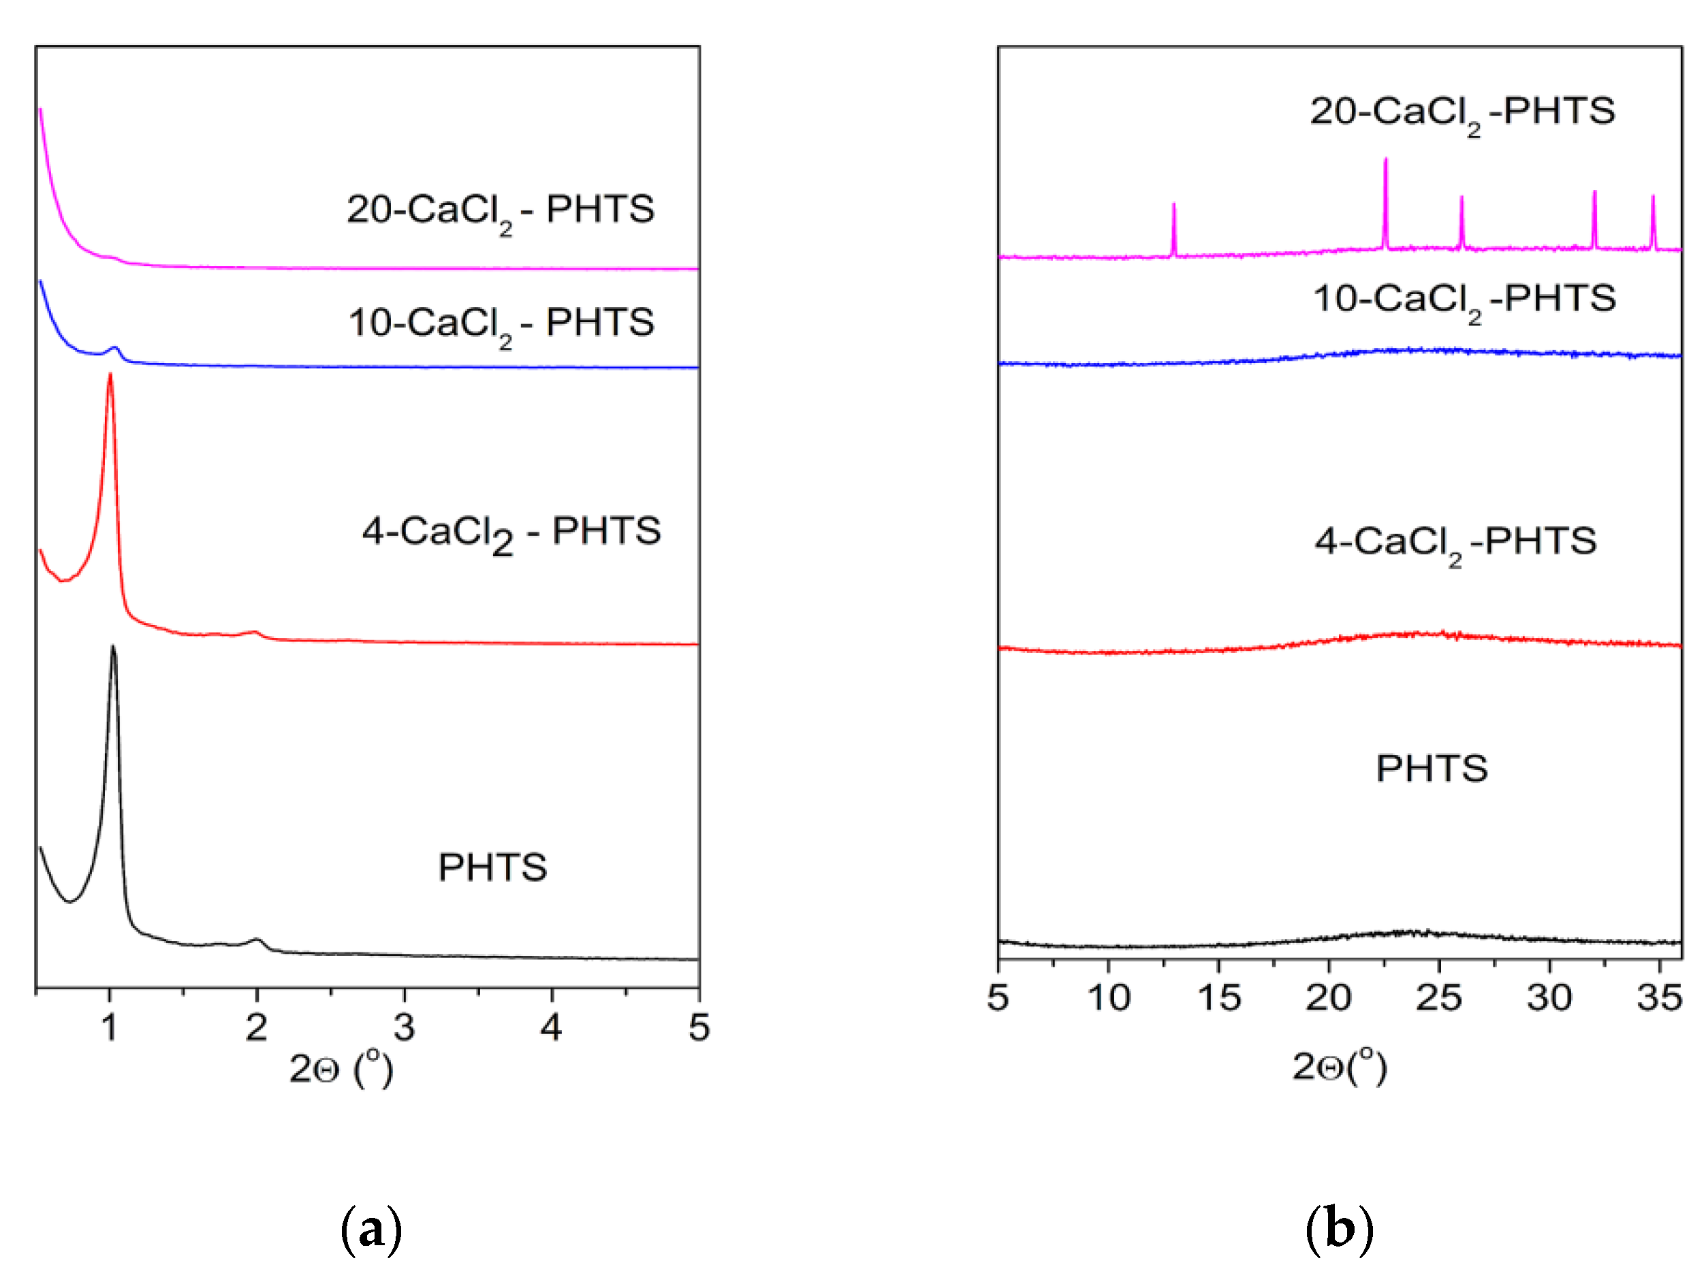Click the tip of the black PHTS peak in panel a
pyautogui.click(x=113, y=647)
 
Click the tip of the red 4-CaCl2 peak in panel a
pyautogui.click(x=110, y=376)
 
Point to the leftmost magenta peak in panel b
pyautogui.click(x=1174, y=205)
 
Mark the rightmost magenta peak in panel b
pyautogui.click(x=1653, y=198)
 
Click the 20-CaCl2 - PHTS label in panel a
pyautogui.click(x=501, y=210)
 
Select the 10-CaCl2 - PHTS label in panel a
pyautogui.click(x=501, y=323)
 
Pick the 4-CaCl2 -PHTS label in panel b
pyautogui.click(x=1455, y=542)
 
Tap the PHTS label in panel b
pyautogui.click(x=1432, y=769)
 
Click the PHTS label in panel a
pyautogui.click(x=492, y=867)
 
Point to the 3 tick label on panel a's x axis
pyautogui.click(x=404, y=1028)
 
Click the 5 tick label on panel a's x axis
pyautogui.click(x=699, y=1028)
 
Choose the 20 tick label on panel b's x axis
pyautogui.click(x=1328, y=998)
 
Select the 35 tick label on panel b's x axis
pyautogui.click(x=1659, y=998)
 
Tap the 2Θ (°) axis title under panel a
pyautogui.click(x=341, y=1069)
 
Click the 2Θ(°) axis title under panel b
pyautogui.click(x=1340, y=1068)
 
